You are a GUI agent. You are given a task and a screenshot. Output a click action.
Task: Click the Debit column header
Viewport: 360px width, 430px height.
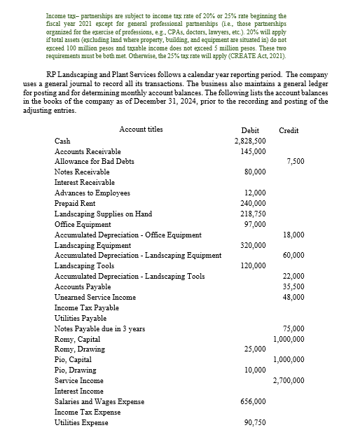point(250,130)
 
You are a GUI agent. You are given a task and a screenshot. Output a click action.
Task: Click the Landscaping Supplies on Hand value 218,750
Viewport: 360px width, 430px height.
point(252,214)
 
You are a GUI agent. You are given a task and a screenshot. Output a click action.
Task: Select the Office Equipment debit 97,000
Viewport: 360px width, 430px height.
point(254,223)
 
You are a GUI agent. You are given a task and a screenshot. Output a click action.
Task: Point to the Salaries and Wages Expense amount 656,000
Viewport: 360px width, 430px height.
point(252,401)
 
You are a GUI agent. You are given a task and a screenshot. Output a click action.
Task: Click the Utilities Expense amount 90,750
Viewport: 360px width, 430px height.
point(254,422)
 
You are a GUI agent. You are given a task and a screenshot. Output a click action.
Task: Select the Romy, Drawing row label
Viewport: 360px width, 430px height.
point(78,349)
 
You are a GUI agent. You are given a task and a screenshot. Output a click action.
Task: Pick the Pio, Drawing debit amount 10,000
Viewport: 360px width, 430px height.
point(254,370)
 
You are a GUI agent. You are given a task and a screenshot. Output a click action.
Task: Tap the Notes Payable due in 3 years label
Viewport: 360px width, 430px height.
point(100,328)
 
